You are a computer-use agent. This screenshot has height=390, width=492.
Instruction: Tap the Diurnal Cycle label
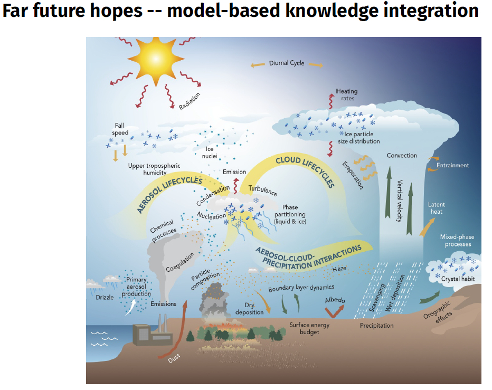pos(287,63)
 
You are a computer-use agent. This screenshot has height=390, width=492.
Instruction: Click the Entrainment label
pos(452,165)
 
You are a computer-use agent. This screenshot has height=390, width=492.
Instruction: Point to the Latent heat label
pos(436,208)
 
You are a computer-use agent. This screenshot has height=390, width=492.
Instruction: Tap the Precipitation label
pos(376,326)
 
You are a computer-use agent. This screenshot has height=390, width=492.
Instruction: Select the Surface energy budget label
pos(309,328)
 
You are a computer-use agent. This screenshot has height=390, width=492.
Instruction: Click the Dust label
pos(174,358)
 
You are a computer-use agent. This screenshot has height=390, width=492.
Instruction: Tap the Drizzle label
pos(105,297)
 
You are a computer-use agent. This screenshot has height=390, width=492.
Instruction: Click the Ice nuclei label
pos(210,153)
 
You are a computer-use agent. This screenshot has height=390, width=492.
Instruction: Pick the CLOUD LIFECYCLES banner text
pos(305,171)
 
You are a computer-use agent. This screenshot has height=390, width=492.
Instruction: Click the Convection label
pos(402,156)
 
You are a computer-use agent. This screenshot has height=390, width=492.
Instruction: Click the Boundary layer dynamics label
pos(301,288)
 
